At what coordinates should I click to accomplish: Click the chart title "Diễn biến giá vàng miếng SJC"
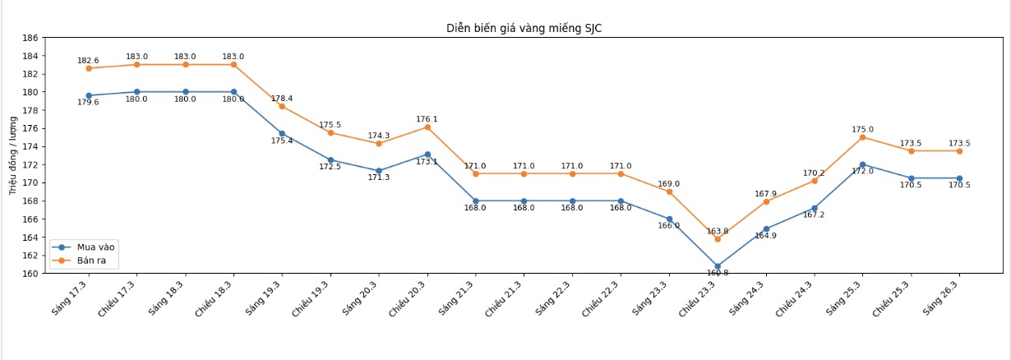coord(525,28)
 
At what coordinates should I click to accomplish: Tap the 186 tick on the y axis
coord(30,38)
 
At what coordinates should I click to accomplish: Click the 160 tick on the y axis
coord(30,274)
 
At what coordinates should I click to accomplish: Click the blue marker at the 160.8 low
coord(718,266)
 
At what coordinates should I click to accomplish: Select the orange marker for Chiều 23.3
coord(718,238)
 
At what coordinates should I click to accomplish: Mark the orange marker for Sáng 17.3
coord(89,68)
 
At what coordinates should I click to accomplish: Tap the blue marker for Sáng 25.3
coord(862,164)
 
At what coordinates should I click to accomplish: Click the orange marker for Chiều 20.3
coord(427,127)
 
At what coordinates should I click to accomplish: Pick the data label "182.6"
coord(88,61)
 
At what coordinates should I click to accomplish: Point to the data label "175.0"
coord(862,129)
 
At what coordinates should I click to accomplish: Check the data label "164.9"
coord(765,236)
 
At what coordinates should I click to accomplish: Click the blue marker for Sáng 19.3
coord(282,133)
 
